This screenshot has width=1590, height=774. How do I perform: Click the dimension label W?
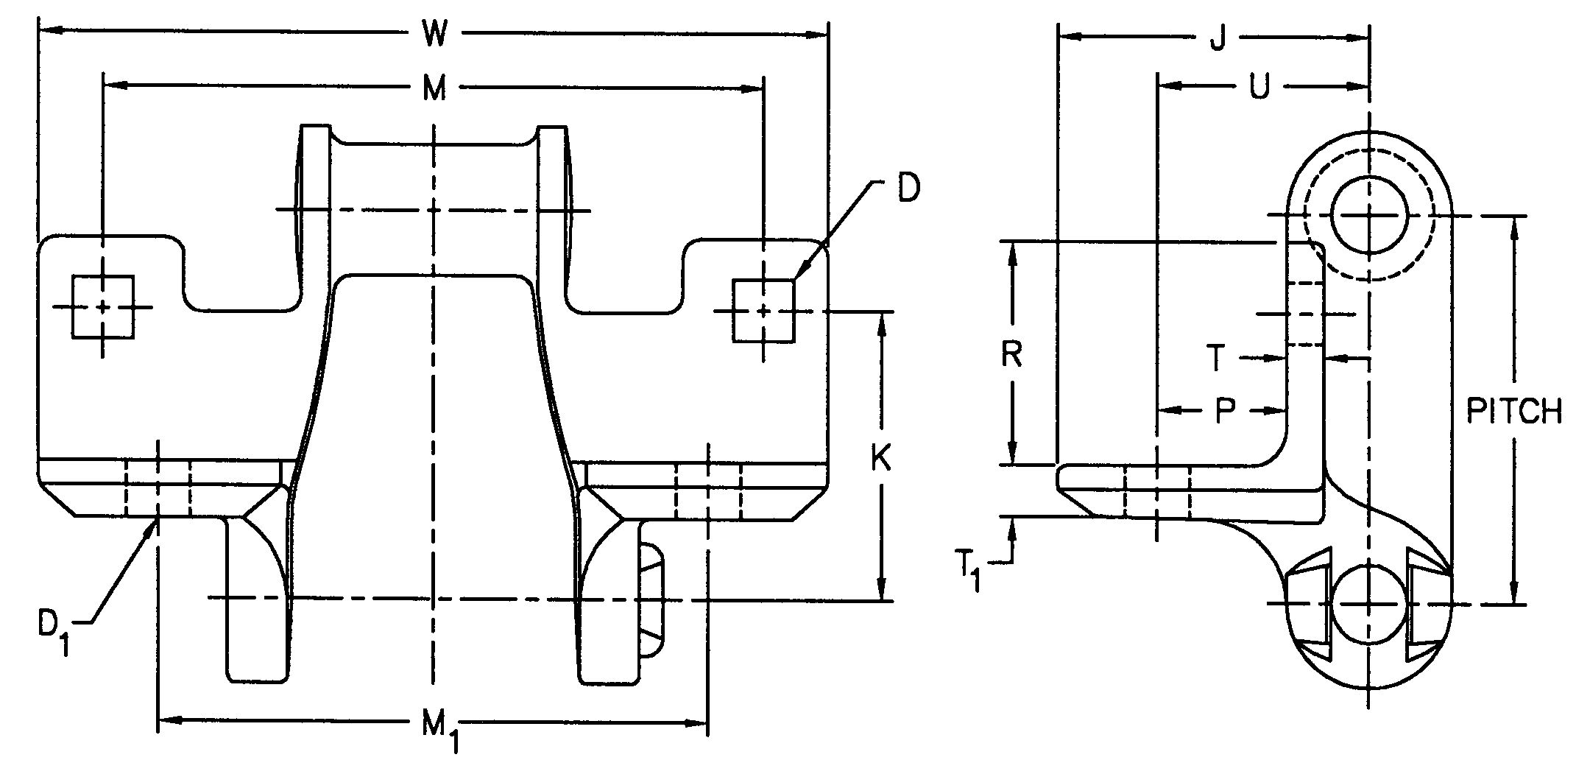(434, 34)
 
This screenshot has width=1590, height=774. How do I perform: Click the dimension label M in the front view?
(434, 88)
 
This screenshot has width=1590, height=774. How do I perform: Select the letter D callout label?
(908, 190)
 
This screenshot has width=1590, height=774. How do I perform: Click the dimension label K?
(880, 459)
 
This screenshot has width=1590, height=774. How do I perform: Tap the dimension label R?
(1013, 355)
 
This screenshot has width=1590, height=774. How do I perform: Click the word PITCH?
(1514, 411)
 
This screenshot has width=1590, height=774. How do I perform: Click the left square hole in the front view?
(103, 307)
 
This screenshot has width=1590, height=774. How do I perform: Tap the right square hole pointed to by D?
(764, 311)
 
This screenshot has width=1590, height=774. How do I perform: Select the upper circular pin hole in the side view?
(1369, 216)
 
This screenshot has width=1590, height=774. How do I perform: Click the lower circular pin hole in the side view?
(1368, 605)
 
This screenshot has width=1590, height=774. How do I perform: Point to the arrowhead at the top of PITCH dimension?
(1514, 225)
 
